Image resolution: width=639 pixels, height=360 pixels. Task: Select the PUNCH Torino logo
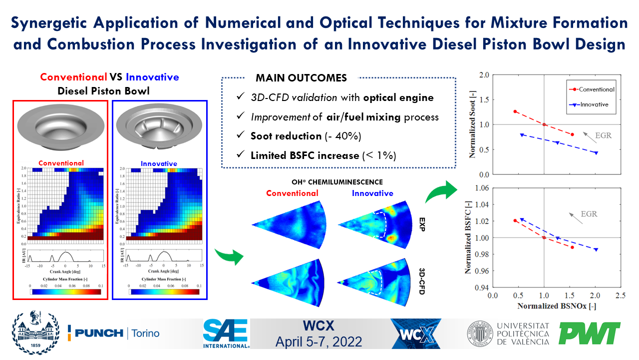point(114,333)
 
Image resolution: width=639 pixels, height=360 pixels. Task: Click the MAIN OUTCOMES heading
point(301,78)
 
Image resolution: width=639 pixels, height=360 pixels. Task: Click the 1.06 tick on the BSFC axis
point(481,188)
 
